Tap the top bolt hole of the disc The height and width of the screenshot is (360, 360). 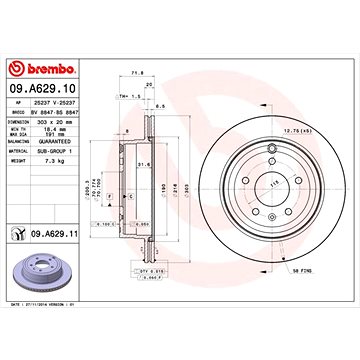pyautogui.click(x=271, y=151)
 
